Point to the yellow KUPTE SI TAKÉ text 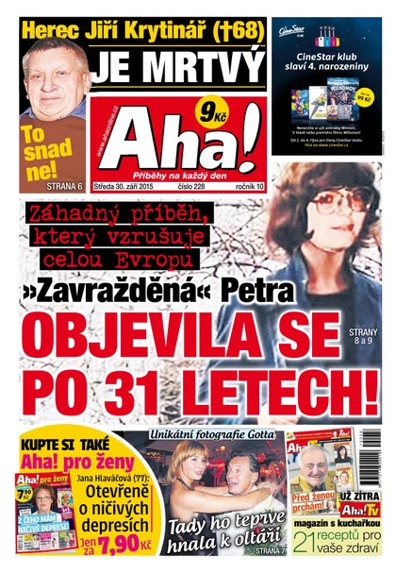[x=60, y=445]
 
